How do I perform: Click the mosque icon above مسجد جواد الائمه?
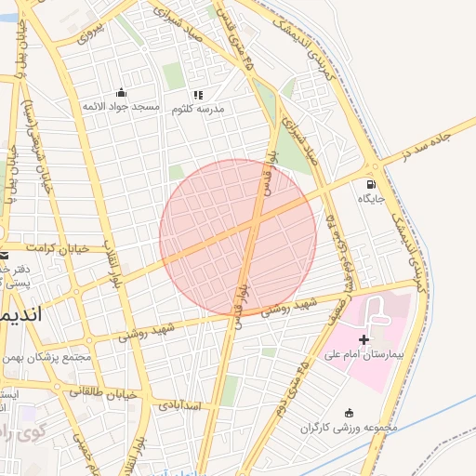pos(121,92)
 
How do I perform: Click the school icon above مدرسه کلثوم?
pos(197,94)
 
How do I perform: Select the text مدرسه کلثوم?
pos(198,109)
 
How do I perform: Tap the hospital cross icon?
pos(364,340)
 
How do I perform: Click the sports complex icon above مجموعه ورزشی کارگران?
pos(349,414)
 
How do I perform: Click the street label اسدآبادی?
pos(179,406)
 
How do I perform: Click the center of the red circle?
pos(238,237)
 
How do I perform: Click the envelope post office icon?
pos(5,256)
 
